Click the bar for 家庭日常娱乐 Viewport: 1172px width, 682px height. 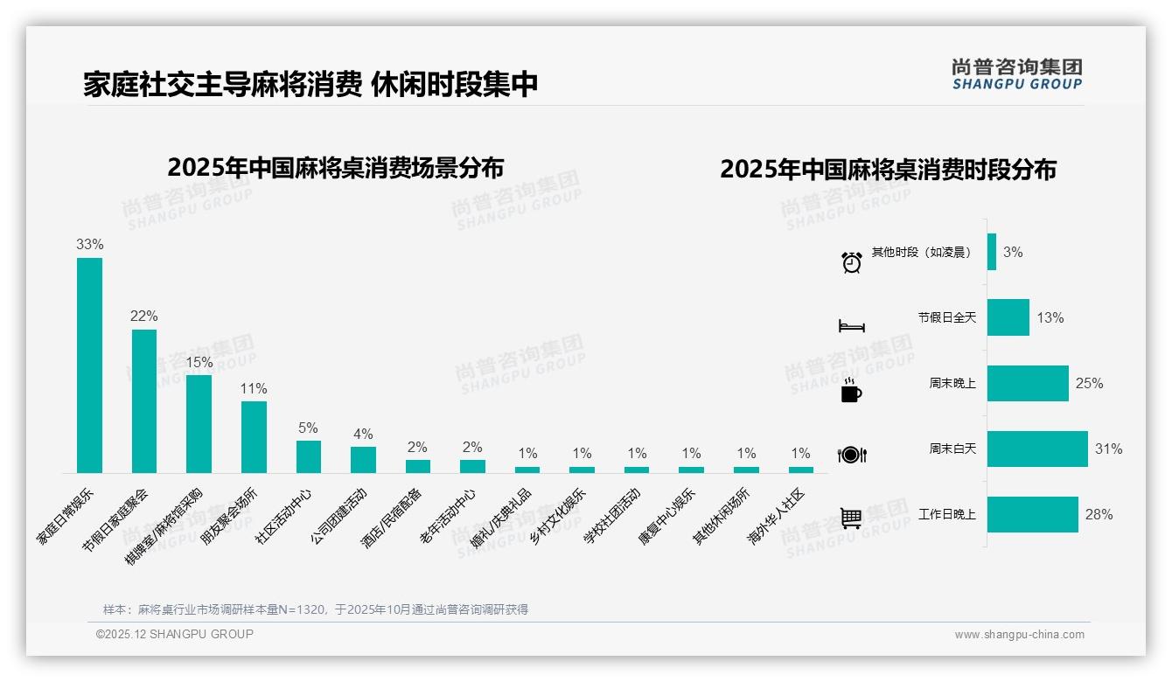(x=89, y=365)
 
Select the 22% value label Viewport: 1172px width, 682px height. (x=144, y=317)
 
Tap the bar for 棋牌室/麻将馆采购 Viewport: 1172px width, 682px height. (x=199, y=423)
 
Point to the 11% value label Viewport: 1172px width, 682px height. (x=254, y=389)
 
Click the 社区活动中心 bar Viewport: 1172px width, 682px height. (x=309, y=456)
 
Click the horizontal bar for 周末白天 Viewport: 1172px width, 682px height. (x=1037, y=449)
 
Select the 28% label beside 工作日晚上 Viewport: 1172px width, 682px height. (x=1099, y=515)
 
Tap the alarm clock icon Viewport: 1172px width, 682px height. (x=851, y=262)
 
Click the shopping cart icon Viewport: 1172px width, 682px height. (x=851, y=518)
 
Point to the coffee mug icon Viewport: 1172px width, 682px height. (x=851, y=391)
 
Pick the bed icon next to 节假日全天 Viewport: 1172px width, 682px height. (x=851, y=326)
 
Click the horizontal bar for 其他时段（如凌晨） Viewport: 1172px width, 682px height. (x=992, y=252)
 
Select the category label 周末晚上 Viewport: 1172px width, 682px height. (x=952, y=383)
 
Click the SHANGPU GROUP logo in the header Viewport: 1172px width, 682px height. (x=1016, y=74)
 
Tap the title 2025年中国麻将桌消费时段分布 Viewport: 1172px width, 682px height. (x=888, y=169)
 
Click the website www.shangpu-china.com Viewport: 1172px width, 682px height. (x=1019, y=635)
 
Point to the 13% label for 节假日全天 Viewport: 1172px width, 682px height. (x=1050, y=318)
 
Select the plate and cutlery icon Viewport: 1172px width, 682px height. (x=851, y=455)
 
